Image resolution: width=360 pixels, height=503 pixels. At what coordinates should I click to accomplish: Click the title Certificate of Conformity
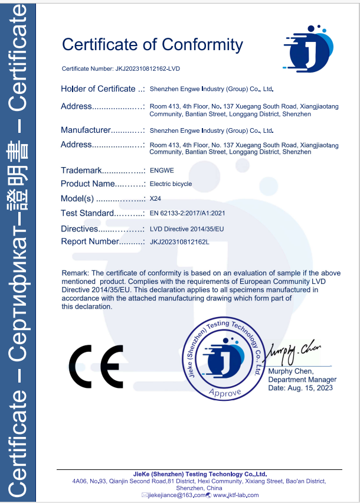[152, 45]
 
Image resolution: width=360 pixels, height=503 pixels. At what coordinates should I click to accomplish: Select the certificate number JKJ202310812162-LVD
[146, 69]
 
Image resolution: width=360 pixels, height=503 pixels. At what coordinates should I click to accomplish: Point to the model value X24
[156, 199]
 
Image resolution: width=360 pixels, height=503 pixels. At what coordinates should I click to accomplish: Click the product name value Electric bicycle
[171, 184]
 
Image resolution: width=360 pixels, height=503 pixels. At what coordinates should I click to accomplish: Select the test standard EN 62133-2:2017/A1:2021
[188, 213]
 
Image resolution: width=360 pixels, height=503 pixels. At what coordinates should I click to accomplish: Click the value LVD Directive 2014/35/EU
[187, 228]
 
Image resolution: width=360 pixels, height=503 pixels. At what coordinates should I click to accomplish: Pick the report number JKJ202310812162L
[180, 241]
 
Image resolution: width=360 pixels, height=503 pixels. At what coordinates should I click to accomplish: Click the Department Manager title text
[302, 380]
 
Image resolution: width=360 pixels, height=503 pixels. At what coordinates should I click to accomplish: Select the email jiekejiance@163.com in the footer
[176, 495]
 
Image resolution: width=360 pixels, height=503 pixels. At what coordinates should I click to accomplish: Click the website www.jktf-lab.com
[236, 495]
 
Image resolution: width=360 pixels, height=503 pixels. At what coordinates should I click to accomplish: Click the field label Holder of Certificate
[98, 89]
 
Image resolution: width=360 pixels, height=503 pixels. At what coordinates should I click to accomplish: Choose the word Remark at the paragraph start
[75, 273]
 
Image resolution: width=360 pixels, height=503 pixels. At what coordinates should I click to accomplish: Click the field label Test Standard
[87, 213]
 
